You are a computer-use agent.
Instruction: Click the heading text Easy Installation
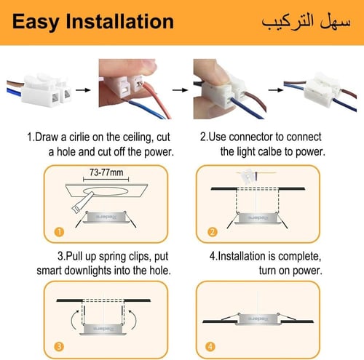click(93, 21)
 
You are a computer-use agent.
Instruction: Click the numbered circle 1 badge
click(58, 232)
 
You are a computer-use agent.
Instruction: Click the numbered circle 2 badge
click(212, 232)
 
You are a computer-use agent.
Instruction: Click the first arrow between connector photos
click(86, 91)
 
